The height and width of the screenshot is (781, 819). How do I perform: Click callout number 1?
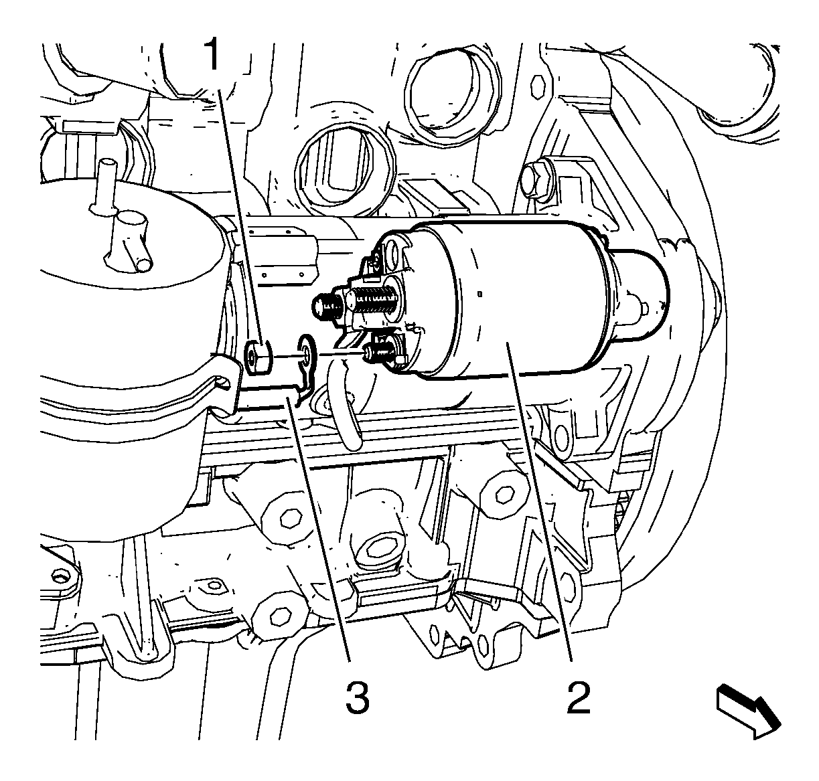tap(214, 54)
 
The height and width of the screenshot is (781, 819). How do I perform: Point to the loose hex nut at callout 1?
tap(256, 356)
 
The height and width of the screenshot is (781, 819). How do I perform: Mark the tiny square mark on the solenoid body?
tap(480, 294)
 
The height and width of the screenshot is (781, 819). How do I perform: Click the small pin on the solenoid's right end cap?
tap(643, 309)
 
